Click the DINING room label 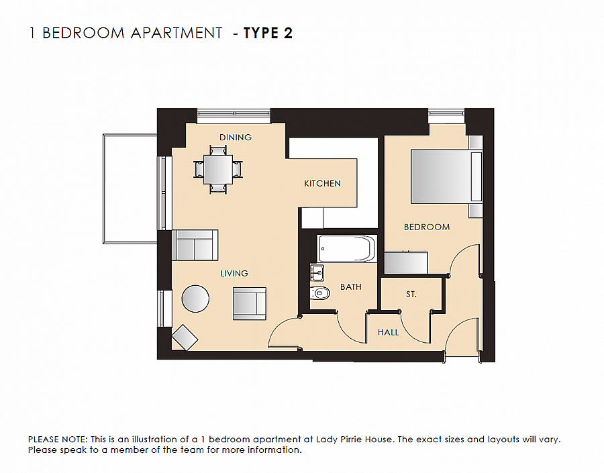point(236,138)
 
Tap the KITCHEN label point(322,183)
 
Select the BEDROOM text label point(426,227)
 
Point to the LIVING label point(234,273)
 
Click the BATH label point(350,286)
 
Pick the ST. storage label point(411,295)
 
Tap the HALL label point(388,332)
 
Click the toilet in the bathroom point(320,293)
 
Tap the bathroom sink point(317,272)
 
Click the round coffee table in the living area point(195,299)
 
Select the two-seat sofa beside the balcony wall point(195,246)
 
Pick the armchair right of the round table point(250,303)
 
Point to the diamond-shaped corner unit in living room point(185,337)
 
